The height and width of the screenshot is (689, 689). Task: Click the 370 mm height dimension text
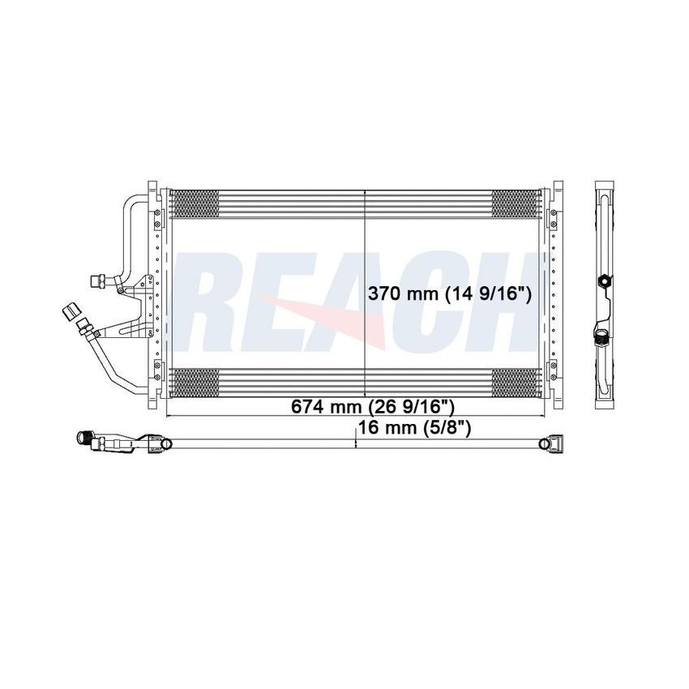tap(450, 295)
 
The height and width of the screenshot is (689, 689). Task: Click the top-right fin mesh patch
tap(516, 203)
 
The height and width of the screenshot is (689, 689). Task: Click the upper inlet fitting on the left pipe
tap(97, 280)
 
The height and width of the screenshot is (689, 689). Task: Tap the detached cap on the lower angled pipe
tap(68, 311)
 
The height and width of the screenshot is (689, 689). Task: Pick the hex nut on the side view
tap(603, 282)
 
